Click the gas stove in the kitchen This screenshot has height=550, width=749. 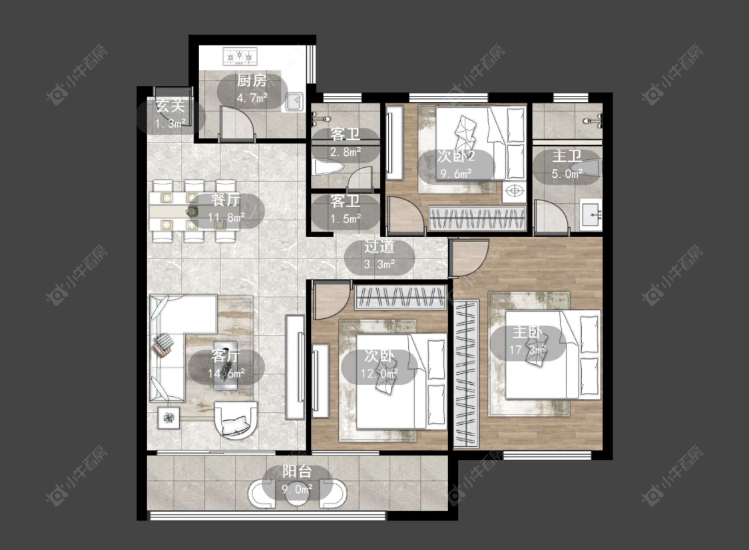[x=240, y=57]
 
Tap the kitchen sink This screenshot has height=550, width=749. [x=294, y=101]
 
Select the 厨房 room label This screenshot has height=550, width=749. [x=252, y=81]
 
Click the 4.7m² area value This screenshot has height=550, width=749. [x=252, y=98]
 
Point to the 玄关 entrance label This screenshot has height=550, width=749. [x=170, y=106]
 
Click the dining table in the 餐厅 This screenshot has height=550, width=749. [x=194, y=210]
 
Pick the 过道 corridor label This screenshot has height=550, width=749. [x=379, y=246]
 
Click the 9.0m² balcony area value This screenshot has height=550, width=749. [x=297, y=489]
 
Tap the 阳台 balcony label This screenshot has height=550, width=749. [x=297, y=471]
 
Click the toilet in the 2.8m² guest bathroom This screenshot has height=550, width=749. [x=328, y=167]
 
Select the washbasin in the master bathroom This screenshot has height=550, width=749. [x=591, y=214]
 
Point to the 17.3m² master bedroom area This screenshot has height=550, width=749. [x=527, y=350]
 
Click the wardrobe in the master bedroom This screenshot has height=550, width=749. [x=466, y=374]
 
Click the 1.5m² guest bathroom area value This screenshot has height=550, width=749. [x=345, y=219]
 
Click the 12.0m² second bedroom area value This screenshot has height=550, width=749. [x=379, y=373]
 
